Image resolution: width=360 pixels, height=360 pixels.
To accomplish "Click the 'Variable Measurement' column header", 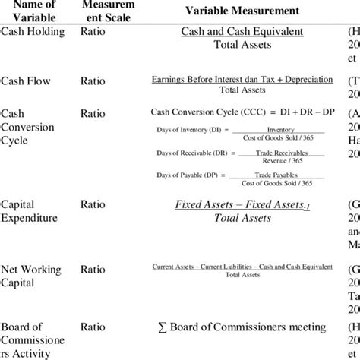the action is click(x=241, y=12).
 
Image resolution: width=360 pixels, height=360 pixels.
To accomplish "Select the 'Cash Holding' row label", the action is click(x=33, y=32).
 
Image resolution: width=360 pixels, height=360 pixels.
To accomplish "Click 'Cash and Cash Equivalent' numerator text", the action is click(x=242, y=32).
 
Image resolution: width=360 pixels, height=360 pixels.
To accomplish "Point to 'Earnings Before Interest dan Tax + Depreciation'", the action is click(x=242, y=80).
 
